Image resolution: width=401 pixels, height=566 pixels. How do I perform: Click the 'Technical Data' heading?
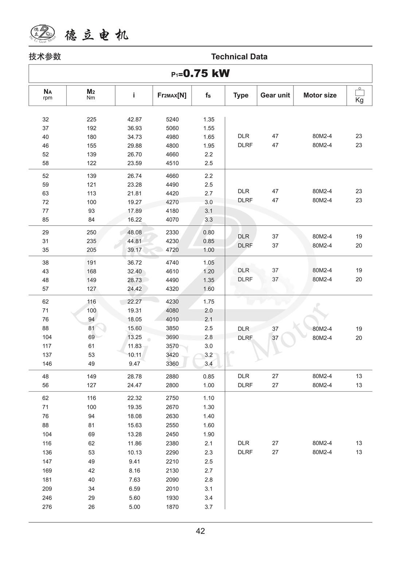tap(239, 57)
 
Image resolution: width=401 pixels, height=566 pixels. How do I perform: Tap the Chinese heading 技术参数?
tap(45, 57)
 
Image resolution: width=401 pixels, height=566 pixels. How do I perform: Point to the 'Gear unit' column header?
tap(275, 95)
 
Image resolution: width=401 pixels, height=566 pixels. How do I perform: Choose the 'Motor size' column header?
tap(320, 95)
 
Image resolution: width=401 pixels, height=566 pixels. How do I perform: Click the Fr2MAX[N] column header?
tap(172, 95)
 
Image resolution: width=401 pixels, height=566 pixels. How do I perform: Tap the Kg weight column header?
tap(359, 96)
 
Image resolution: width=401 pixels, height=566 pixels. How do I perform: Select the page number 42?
tap(200, 531)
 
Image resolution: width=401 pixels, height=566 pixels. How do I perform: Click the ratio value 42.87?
tap(135, 119)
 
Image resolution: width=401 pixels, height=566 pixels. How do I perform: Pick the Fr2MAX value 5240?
tap(172, 119)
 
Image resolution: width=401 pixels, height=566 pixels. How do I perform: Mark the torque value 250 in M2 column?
tap(92, 232)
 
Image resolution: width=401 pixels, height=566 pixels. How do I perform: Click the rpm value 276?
tap(47, 507)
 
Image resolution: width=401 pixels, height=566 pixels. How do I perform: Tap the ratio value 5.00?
tap(135, 507)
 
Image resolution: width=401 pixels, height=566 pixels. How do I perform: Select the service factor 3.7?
tap(209, 507)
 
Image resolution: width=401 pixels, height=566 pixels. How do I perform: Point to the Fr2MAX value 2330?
tap(172, 232)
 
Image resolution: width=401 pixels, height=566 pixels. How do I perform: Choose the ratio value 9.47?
tap(135, 364)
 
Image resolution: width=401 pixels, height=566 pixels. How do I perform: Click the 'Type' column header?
tap(241, 95)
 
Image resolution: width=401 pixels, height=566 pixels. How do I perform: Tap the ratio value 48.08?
tap(135, 232)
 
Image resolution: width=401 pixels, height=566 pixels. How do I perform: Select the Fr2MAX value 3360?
tap(172, 364)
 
